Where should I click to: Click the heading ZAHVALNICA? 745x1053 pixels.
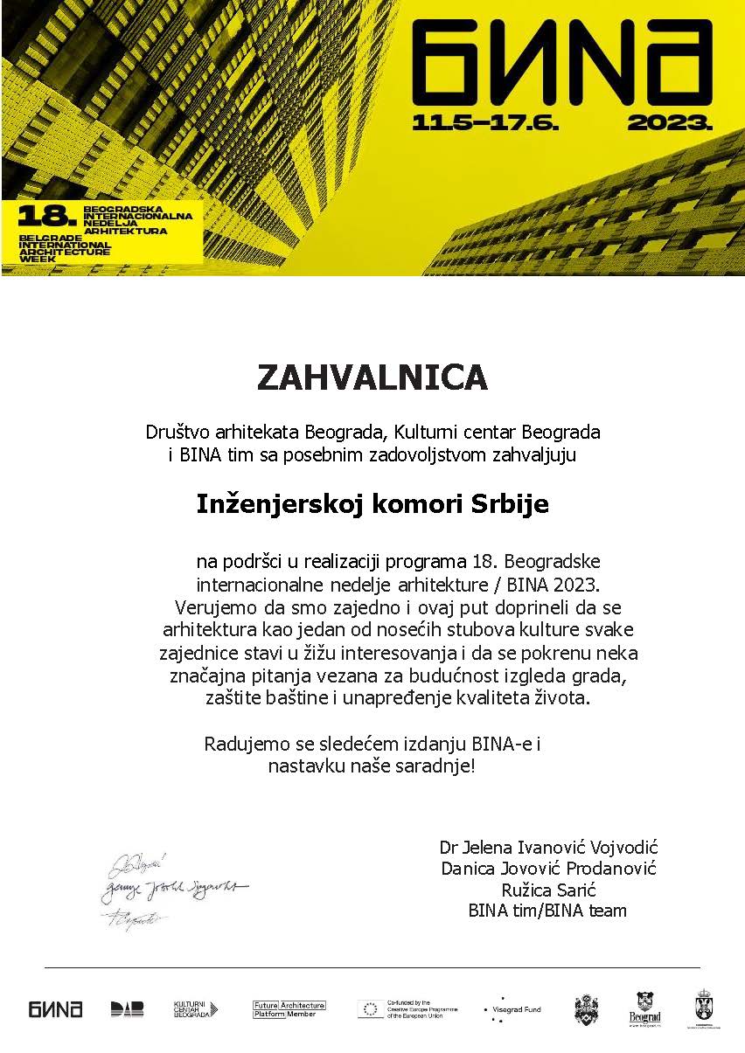[x=372, y=378]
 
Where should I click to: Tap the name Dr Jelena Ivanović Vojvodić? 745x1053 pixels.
[x=548, y=848]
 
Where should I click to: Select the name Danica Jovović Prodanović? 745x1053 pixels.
[x=548, y=869]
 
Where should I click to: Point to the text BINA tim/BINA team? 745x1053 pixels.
[x=548, y=911]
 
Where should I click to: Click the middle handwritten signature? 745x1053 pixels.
[x=175, y=888]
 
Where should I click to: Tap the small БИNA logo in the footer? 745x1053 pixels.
[x=55, y=1009]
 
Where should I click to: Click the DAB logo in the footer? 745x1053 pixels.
[x=128, y=1009]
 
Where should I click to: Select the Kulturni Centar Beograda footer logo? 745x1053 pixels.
[x=195, y=1009]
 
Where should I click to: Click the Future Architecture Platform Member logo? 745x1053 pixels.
[x=289, y=1008]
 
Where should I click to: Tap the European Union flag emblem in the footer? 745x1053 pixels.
[x=368, y=1009]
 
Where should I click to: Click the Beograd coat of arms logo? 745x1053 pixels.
[x=644, y=1008]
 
